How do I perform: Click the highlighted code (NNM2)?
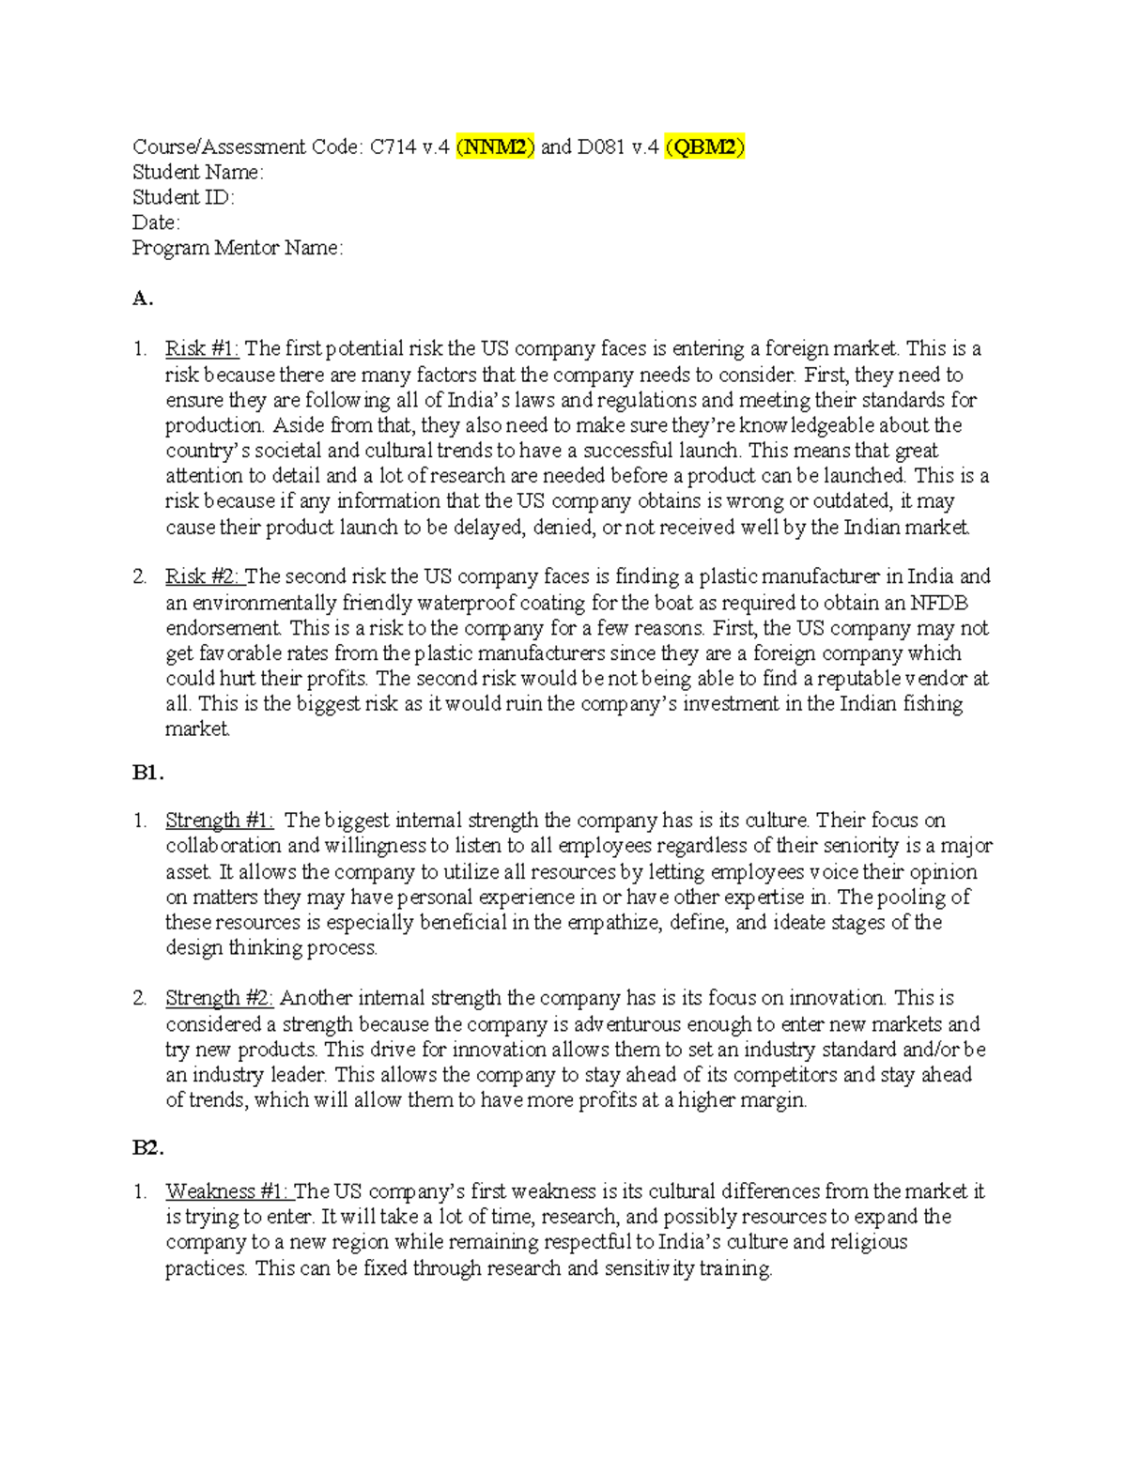coord(495,146)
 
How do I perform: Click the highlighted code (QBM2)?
coord(704,146)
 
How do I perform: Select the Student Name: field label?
coord(197,172)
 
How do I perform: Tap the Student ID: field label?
coord(183,197)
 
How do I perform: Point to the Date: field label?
coord(156,223)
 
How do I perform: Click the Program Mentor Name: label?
coord(238,248)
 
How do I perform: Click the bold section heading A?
coord(143,299)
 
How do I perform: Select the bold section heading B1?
coord(148,773)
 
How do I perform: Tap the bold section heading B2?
coord(148,1147)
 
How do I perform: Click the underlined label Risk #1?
coord(202,349)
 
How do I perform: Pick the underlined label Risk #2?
coord(203,576)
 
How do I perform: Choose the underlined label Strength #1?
coord(219,821)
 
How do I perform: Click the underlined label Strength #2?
coord(219,998)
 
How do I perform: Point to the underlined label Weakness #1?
coord(227,1191)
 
